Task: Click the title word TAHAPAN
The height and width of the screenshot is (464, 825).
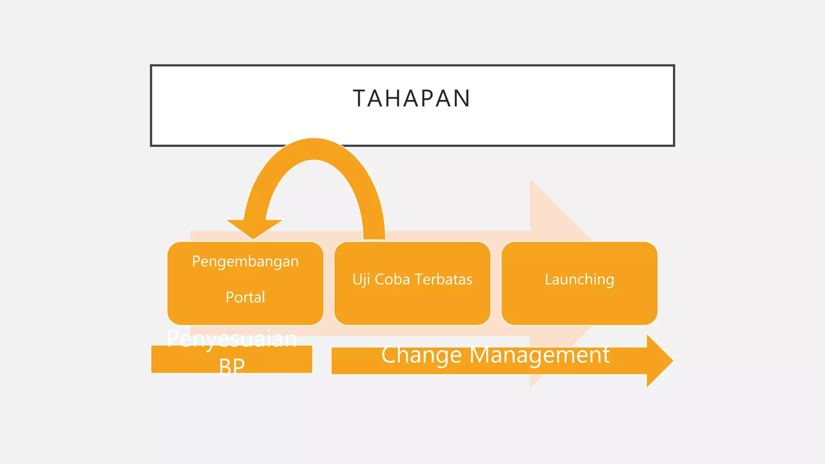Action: click(412, 98)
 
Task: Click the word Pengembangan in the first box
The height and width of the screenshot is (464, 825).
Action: click(245, 262)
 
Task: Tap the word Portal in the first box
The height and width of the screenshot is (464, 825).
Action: click(245, 297)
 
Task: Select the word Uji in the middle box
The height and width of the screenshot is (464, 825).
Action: click(361, 280)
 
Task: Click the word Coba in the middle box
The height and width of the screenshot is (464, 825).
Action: click(392, 280)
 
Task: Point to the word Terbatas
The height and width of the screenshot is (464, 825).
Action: click(443, 280)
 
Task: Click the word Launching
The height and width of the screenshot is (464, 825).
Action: click(579, 280)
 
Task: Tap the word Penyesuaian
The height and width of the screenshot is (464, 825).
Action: click(232, 339)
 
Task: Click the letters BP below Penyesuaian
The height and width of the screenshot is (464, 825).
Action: click(232, 367)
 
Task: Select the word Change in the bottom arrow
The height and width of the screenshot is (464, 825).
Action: click(421, 355)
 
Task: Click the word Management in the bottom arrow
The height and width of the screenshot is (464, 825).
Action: click(540, 355)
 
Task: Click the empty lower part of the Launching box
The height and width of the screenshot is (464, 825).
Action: click(579, 308)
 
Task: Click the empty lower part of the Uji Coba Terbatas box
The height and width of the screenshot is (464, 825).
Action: click(412, 308)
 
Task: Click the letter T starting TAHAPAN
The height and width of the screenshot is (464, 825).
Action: click(359, 98)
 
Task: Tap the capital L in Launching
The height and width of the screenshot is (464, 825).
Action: click(548, 279)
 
